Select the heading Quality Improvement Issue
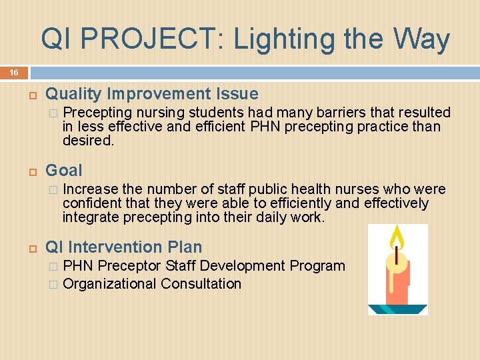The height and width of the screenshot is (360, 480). tap(151, 94)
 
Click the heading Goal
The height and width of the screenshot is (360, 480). tap(64, 171)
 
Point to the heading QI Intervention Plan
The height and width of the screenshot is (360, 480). tap(123, 247)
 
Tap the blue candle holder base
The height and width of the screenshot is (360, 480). tap(398, 309)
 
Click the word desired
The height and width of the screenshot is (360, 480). tap(88, 141)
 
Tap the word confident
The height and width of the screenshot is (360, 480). tap(94, 203)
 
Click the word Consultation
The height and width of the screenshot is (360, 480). tap(201, 284)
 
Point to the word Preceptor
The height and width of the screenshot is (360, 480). tap(129, 266)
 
